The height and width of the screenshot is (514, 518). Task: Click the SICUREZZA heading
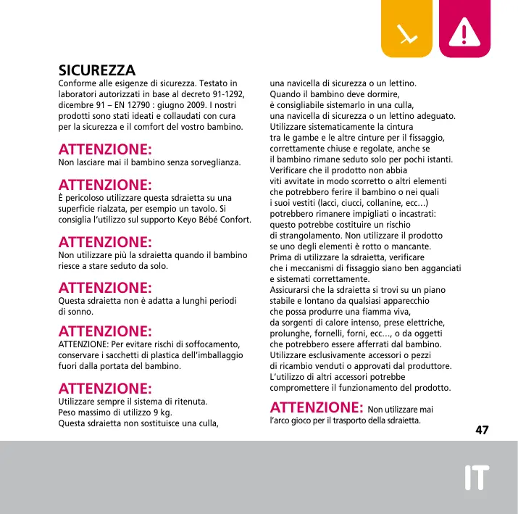[97, 71]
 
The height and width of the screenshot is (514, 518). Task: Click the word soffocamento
[212, 344]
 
